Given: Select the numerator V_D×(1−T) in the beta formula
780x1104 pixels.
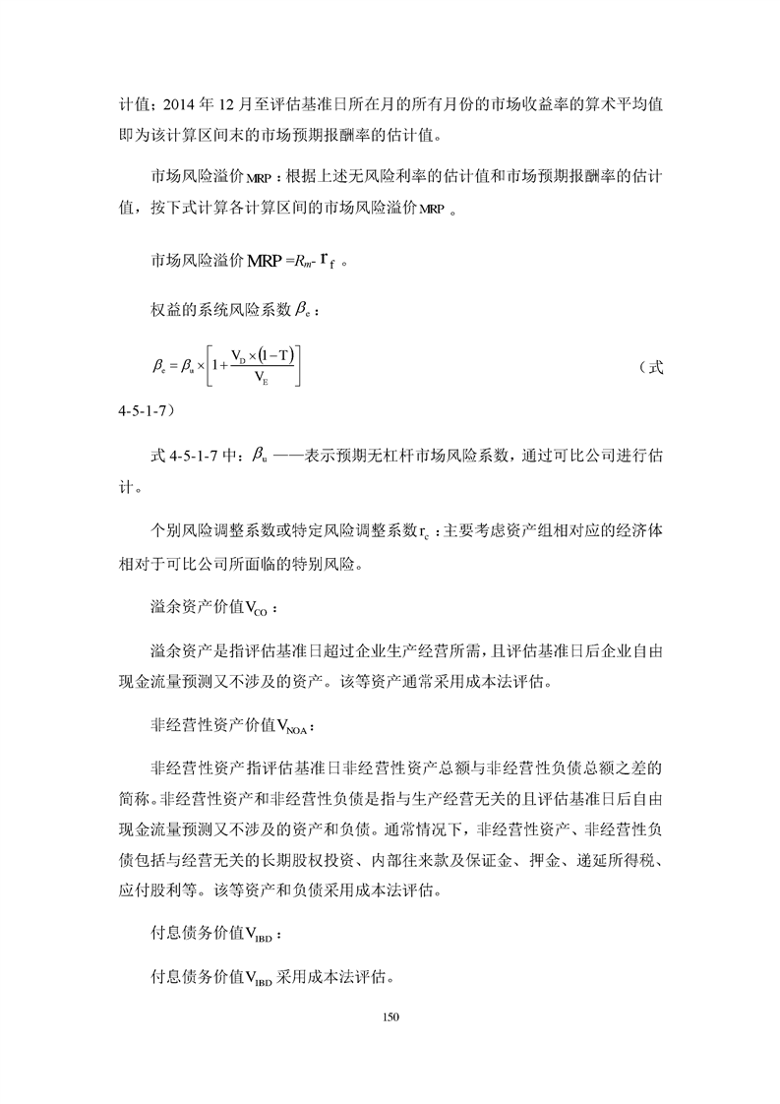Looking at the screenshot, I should (266, 355).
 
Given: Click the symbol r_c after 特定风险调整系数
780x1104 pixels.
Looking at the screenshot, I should (423, 534).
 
